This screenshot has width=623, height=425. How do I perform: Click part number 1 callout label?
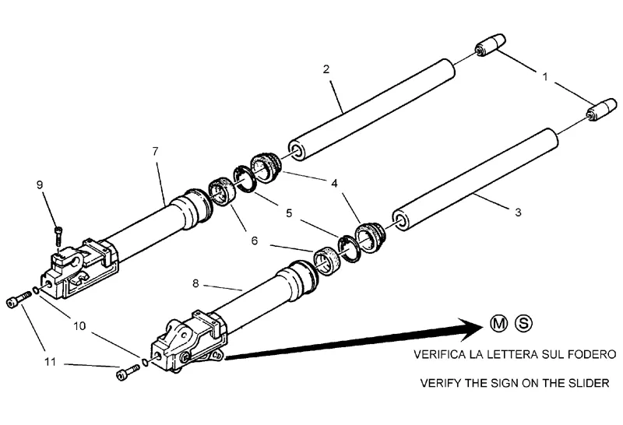point(546,77)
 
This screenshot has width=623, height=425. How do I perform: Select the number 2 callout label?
point(326,69)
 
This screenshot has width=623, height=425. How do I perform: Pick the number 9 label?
point(40,184)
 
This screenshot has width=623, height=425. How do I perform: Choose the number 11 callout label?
point(48,362)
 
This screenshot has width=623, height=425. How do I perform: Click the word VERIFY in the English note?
point(440,383)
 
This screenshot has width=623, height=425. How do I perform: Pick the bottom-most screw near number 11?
point(125,374)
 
